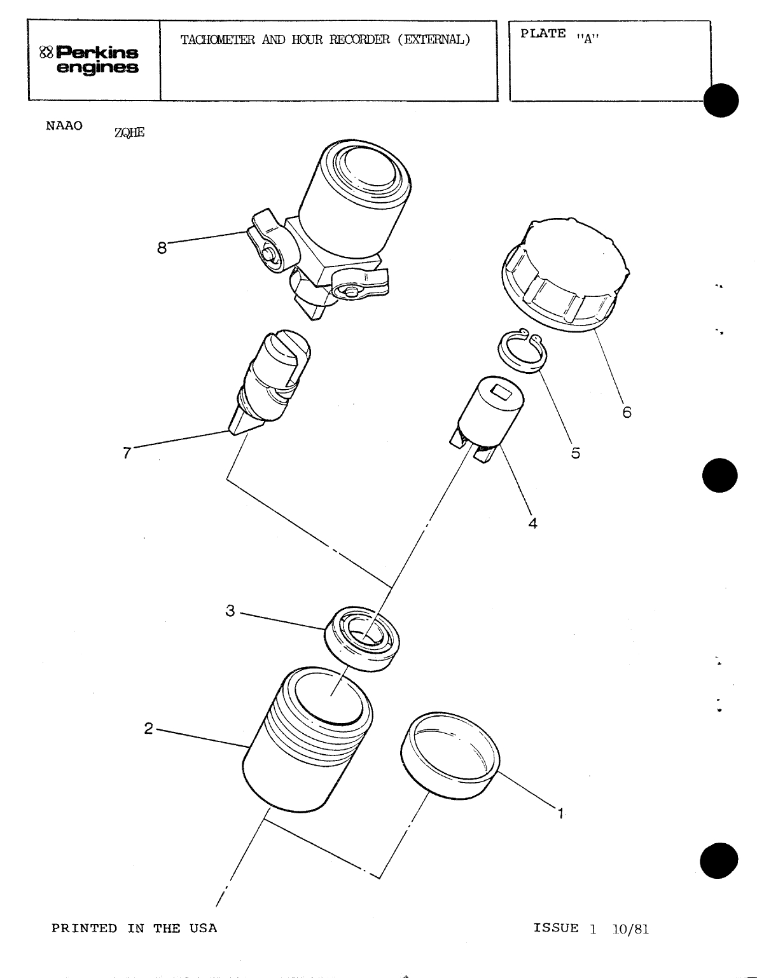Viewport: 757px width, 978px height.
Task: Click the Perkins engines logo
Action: point(89,60)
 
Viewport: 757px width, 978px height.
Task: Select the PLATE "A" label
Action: point(560,35)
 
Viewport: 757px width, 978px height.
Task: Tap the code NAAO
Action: point(64,125)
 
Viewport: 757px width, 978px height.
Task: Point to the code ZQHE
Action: point(130,132)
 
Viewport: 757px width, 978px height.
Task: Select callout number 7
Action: point(127,452)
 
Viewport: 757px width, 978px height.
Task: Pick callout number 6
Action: point(627,412)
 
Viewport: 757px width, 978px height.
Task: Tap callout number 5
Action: point(575,453)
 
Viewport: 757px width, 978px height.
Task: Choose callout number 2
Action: point(148,729)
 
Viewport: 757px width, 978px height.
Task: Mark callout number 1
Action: point(560,813)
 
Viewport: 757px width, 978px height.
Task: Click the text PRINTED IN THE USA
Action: point(134,928)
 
